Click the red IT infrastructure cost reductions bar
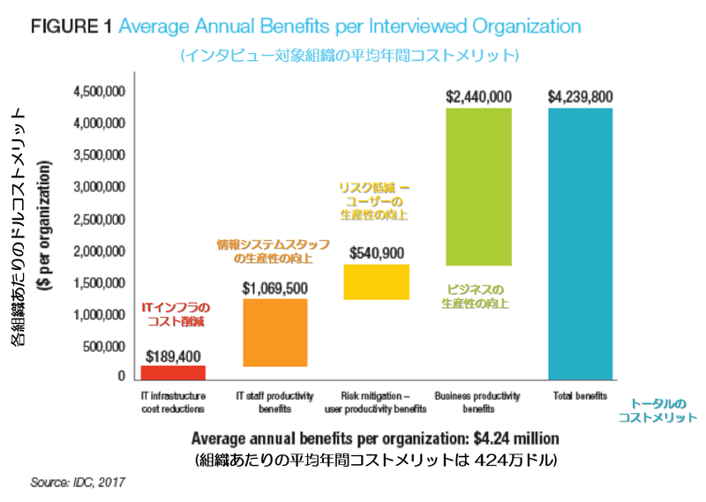[173, 372]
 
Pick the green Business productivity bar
[479, 186]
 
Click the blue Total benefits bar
[580, 244]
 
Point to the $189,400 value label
[173, 355]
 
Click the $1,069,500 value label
[274, 288]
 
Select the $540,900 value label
[377, 252]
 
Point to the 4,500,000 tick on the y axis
[100, 92]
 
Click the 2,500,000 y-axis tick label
[100, 219]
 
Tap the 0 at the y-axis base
[122, 377]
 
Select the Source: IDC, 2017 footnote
[78, 483]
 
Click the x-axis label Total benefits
[580, 396]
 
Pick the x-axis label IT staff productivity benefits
[275, 402]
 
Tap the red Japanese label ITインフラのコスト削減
[173, 315]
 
